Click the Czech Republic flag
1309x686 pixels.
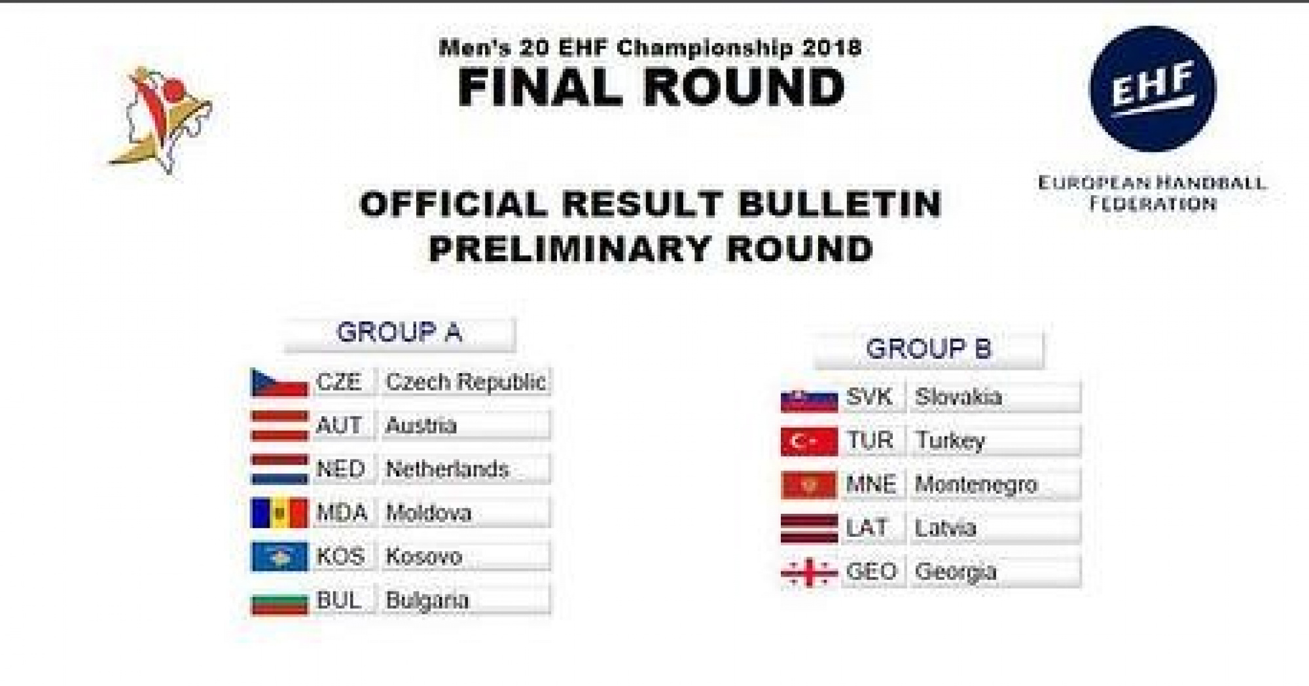click(279, 383)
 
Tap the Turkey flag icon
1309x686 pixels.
click(809, 441)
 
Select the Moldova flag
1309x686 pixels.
click(279, 513)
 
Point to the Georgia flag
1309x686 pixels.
click(809, 573)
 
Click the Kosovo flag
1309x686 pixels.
click(279, 557)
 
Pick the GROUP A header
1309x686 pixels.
click(399, 333)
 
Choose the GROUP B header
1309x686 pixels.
click(928, 349)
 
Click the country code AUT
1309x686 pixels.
click(339, 425)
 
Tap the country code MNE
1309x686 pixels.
click(870, 484)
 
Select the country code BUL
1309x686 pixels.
click(338, 600)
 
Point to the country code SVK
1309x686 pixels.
click(869, 397)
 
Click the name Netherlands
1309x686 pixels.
click(448, 469)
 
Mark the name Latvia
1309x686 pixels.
click(945, 528)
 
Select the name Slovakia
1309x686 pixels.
click(958, 397)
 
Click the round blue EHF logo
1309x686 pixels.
click(1153, 89)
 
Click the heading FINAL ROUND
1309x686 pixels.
click(651, 87)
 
